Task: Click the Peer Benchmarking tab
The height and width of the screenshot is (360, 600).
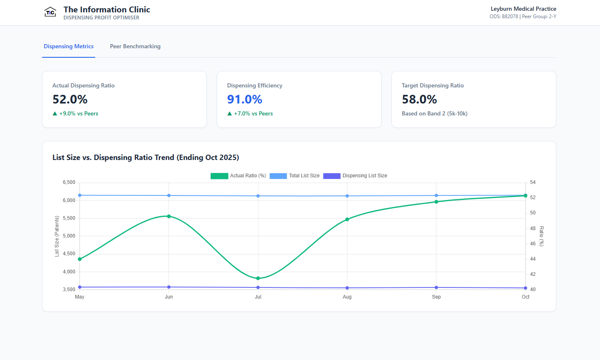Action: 135,47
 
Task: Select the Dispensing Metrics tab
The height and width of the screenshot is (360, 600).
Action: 69,47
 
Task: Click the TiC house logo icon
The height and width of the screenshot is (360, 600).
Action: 50,12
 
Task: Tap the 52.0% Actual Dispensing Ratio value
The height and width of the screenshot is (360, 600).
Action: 70,99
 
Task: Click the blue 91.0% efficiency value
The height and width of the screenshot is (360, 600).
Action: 245,99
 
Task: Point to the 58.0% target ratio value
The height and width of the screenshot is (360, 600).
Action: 420,99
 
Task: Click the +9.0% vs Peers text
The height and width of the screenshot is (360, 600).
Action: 78,114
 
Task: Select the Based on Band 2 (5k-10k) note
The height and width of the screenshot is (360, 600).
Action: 434,114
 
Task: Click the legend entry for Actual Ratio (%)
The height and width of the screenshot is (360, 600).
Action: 238,176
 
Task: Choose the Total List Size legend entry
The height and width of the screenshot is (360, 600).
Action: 295,176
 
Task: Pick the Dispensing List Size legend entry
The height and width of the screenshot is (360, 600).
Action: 355,176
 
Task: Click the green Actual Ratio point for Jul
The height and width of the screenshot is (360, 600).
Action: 258,278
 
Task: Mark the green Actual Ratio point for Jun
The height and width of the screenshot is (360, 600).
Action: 169,216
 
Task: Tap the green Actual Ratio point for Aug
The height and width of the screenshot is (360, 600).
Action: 347,219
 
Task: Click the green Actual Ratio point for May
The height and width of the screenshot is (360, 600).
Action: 80,259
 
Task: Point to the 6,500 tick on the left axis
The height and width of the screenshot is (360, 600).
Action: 69,182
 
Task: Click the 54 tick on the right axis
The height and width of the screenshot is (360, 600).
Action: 533,182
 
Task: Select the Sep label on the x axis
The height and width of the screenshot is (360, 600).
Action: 436,297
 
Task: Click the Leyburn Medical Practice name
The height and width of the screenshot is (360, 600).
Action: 523,9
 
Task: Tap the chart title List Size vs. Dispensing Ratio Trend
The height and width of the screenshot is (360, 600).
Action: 145,158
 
